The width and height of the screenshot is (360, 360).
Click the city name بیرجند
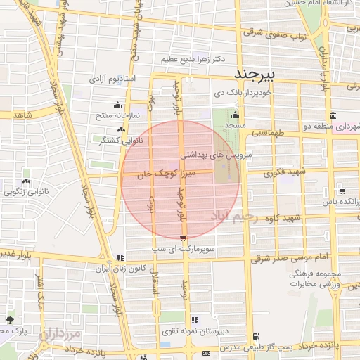pyautogui.click(x=257, y=74)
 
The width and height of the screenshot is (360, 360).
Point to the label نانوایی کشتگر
pyautogui.click(x=122, y=140)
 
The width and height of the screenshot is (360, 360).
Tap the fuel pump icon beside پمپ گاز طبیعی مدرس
pyautogui.click(x=255, y=337)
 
